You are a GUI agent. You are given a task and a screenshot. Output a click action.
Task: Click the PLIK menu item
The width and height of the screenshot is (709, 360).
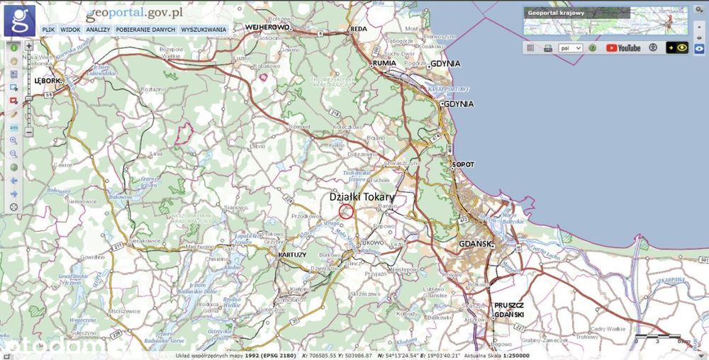pos(48,30)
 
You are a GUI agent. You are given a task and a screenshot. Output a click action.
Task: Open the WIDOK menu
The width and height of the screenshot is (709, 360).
pos(70,30)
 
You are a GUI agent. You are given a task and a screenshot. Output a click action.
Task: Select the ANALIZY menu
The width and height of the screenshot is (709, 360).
pos(98,30)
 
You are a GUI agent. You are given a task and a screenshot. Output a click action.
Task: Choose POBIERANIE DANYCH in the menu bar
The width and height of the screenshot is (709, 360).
pos(145,30)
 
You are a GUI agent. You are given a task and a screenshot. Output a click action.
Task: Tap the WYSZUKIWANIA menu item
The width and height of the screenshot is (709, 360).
pos(203,30)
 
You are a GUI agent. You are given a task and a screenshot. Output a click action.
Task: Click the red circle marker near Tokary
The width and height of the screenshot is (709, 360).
pos(346,211)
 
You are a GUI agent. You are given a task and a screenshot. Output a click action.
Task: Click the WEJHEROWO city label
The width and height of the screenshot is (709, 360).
pos(268,27)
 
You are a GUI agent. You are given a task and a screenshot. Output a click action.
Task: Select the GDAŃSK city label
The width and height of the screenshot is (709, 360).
pos(476,244)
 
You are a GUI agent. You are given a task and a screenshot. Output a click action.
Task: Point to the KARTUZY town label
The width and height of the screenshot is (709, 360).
pos(293,254)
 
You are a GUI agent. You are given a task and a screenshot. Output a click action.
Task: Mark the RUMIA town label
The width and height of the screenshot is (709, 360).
pos(384,63)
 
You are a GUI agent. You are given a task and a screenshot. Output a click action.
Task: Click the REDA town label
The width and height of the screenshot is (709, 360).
pos(359,28)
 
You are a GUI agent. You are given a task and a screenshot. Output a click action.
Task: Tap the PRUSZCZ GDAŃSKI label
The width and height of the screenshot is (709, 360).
pos(509,309)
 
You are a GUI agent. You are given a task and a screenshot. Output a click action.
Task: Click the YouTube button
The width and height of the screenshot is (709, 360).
pos(623,48)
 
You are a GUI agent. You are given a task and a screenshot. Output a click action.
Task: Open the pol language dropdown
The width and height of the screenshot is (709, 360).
pos(570,48)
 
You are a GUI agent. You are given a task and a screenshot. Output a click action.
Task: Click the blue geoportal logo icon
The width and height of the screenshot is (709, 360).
pos(19,20)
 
